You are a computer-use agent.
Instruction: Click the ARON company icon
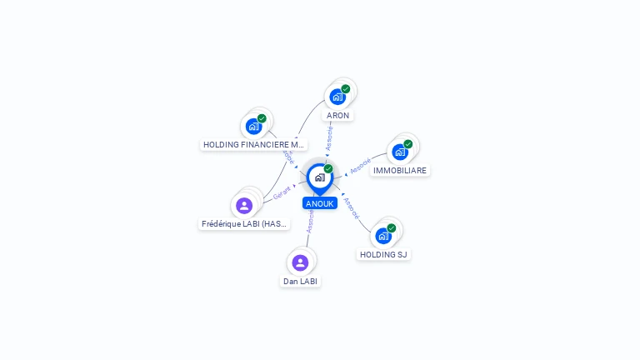point(337,97)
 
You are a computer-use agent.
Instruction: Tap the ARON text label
point(337,115)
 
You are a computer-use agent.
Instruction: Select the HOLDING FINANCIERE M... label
point(254,144)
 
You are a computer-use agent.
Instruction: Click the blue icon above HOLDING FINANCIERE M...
point(253,127)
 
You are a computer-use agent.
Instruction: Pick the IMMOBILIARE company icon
point(400,152)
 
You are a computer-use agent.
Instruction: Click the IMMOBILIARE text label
point(400,170)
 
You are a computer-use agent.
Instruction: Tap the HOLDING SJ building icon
point(383,236)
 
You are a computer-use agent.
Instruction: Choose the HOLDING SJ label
point(383,254)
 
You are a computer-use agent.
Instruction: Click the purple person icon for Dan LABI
point(300,263)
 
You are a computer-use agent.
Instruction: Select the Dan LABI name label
point(301,281)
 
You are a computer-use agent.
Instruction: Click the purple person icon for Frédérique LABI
point(244,206)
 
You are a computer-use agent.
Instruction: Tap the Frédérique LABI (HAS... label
point(245,223)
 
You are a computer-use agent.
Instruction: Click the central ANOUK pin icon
point(319,177)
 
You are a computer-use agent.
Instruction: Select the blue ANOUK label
point(320,203)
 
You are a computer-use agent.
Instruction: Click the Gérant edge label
point(282,192)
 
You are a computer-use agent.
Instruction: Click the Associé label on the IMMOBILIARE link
point(360,166)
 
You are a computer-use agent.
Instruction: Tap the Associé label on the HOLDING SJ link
point(352,207)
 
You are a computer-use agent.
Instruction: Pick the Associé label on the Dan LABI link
point(310,222)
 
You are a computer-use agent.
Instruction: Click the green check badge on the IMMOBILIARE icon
point(408,144)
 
